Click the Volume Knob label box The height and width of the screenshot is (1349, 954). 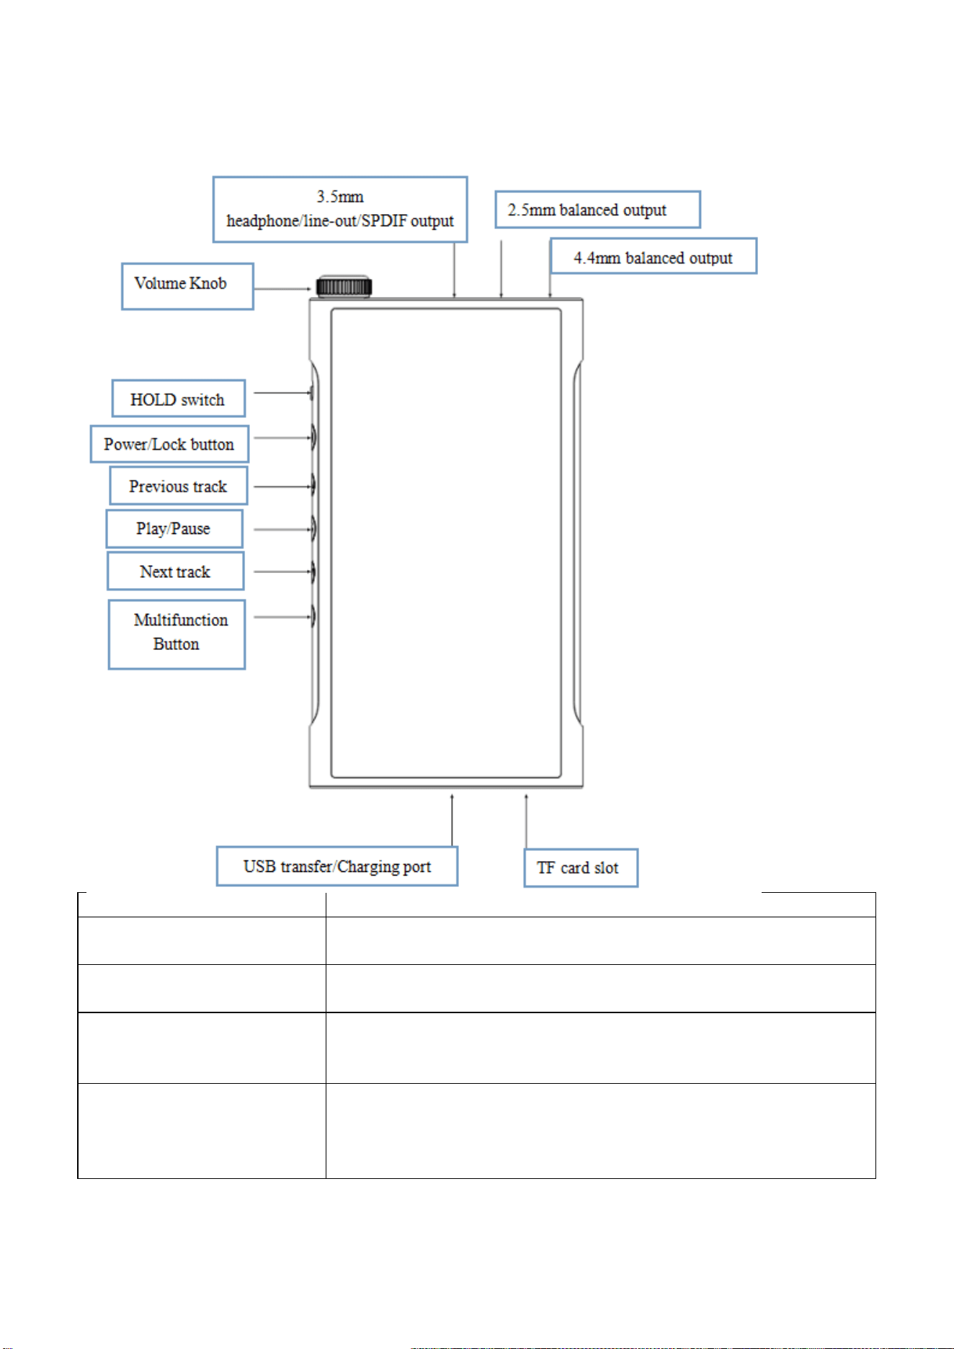tap(187, 286)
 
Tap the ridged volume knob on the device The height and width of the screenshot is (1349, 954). tap(344, 286)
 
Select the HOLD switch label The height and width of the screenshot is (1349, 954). tap(178, 399)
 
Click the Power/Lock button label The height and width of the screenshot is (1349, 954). tap(169, 444)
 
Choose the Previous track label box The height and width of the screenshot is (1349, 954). tap(179, 486)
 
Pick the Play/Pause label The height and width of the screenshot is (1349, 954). tap(174, 529)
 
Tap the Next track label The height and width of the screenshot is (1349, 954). tap(176, 571)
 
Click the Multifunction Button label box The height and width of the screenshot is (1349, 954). tap(177, 634)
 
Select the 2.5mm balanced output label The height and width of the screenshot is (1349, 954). tap(597, 210)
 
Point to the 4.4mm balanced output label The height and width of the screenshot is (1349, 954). tap(654, 256)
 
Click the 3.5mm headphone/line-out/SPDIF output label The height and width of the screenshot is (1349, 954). tap(340, 209)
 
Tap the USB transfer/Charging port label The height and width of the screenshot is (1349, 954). tap(337, 866)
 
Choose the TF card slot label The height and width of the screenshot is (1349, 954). tap(581, 868)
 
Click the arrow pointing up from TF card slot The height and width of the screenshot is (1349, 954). tap(526, 821)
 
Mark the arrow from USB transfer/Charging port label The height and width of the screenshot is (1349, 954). tap(453, 819)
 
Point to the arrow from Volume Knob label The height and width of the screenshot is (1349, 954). tap(282, 289)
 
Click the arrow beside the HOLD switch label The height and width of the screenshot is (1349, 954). tap(282, 393)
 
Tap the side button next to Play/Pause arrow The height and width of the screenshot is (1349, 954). tap(314, 529)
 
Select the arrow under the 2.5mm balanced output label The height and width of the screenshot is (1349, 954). tap(501, 269)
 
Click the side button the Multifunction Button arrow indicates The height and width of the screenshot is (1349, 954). tap(314, 617)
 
